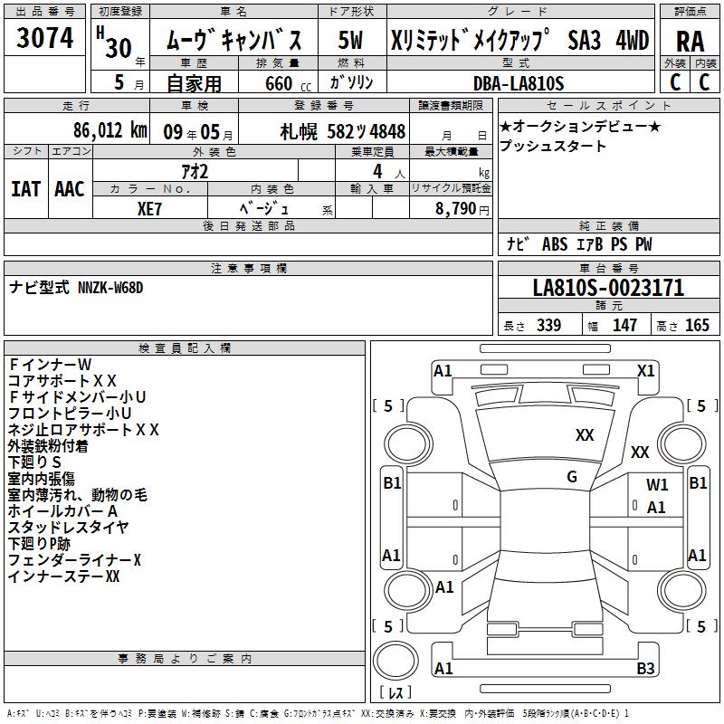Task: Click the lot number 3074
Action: point(45,38)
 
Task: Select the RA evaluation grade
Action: point(690,41)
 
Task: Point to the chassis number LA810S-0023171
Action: point(608,288)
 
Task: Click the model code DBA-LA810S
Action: point(518,83)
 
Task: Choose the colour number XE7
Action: point(150,207)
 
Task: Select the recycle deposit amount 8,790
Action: point(456,208)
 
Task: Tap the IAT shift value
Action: point(25,188)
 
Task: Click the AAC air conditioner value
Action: point(69,188)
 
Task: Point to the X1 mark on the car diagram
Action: point(646,370)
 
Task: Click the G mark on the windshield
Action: point(572,477)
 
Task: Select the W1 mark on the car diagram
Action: point(657,485)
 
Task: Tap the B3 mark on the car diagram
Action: point(645,669)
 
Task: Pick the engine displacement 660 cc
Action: point(279,84)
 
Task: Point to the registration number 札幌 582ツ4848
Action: point(343,131)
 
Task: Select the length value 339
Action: point(548,326)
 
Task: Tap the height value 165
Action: point(697,326)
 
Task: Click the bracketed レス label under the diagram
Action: point(395,693)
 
